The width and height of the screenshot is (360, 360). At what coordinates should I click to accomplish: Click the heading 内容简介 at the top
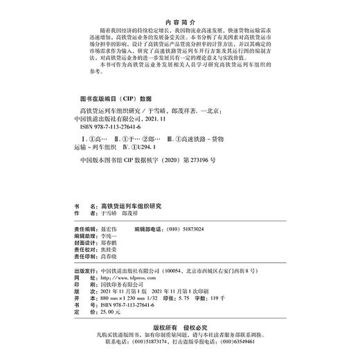[179, 21]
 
